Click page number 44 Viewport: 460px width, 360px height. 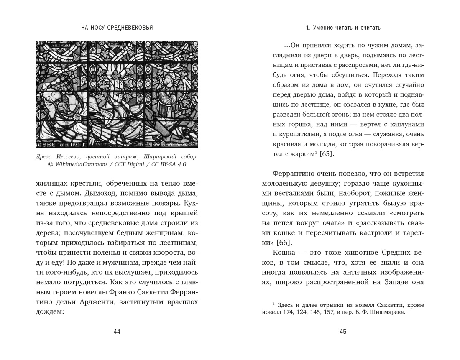(x=117, y=332)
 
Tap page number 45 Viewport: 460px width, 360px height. (x=343, y=332)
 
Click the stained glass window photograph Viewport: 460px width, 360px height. (x=117, y=94)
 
